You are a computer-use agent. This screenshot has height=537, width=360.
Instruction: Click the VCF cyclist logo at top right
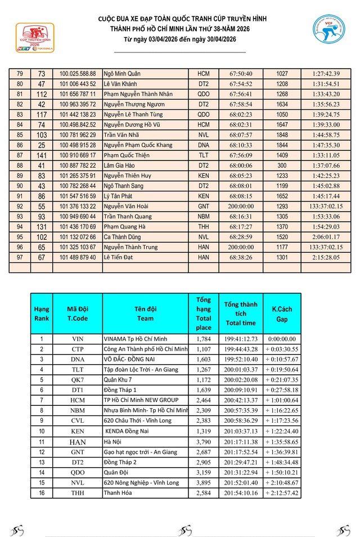coord(329,32)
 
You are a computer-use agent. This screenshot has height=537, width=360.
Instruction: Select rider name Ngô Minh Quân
coord(122,74)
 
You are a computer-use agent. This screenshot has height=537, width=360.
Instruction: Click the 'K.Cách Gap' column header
coord(282,314)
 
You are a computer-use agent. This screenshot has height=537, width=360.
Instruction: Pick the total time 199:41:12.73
coord(240,339)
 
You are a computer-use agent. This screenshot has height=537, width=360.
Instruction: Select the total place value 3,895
coord(204,483)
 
